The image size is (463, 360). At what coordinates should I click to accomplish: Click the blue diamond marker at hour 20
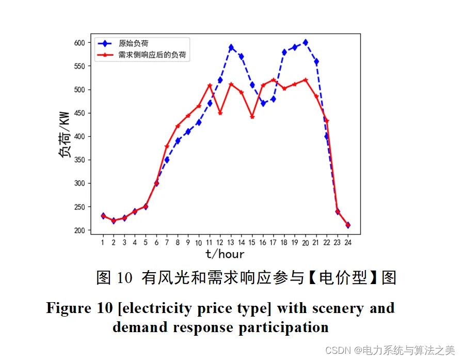(305, 42)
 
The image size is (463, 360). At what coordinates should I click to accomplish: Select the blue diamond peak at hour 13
(231, 47)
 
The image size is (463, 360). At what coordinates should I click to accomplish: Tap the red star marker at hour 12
(220, 113)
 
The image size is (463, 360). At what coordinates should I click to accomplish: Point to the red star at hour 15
(252, 117)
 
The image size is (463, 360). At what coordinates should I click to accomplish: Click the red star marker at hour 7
(167, 147)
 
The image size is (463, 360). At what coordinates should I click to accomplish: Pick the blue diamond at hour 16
(263, 103)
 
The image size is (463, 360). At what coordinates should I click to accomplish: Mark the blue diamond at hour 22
(327, 136)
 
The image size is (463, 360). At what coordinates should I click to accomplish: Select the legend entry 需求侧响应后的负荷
(152, 54)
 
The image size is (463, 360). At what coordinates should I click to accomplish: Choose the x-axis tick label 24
(348, 242)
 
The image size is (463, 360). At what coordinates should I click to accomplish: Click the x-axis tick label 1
(103, 242)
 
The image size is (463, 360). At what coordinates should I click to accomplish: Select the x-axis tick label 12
(220, 242)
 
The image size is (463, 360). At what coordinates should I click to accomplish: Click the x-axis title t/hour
(225, 254)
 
